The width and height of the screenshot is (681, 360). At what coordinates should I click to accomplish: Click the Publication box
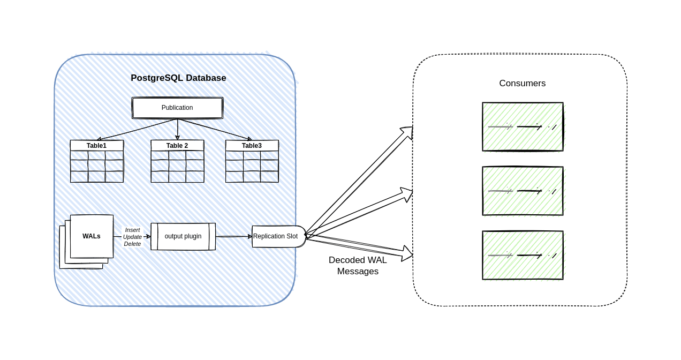coord(177,108)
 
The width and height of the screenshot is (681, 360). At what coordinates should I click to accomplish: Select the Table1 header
coord(96,146)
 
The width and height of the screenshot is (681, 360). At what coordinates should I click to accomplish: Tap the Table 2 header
coord(177,146)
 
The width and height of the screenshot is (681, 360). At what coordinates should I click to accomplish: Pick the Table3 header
coord(252,146)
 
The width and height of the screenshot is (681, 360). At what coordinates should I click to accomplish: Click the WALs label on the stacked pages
coord(92,236)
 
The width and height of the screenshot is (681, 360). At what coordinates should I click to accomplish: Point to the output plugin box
coord(183,236)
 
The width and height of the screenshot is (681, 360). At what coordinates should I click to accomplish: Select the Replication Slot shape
coord(276,236)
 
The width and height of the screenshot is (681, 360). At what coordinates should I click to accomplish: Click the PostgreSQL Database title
coord(178,78)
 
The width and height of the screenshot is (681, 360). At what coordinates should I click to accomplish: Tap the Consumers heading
coord(522,83)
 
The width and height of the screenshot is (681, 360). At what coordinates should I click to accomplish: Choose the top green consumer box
coord(523,126)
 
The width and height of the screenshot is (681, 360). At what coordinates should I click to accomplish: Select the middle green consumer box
coord(523,191)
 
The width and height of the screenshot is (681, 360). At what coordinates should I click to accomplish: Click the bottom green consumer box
coord(523,255)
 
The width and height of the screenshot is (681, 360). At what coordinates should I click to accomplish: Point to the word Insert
coord(132,230)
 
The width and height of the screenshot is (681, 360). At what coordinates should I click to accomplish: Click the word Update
coord(132,237)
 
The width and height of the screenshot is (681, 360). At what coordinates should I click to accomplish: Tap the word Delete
coord(132,244)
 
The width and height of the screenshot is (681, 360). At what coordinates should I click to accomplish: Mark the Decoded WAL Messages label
coord(358,266)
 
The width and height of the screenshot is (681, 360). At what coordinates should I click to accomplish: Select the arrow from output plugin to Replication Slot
coord(234,236)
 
